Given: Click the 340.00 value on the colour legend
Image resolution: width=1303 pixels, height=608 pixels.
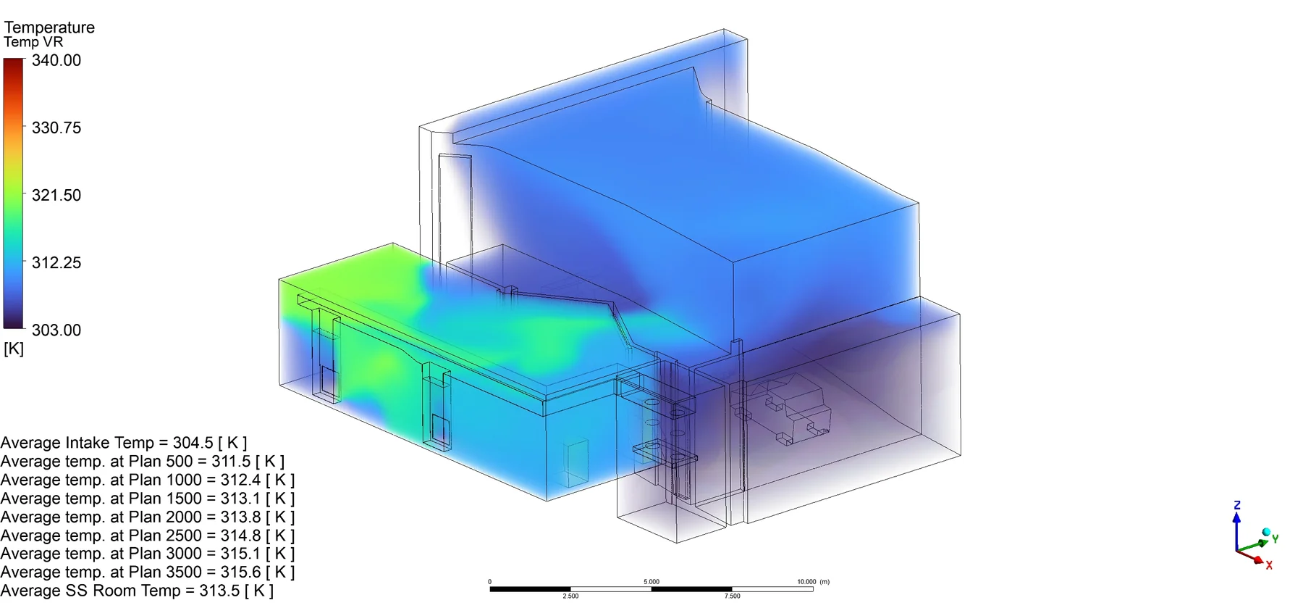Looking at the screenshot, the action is tap(56, 61).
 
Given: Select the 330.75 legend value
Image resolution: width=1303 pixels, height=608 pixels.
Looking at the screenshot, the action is tap(56, 128).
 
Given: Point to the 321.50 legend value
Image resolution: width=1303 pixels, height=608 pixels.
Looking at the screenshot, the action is tap(56, 196).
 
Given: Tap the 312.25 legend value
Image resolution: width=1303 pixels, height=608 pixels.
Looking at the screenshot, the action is tap(56, 263).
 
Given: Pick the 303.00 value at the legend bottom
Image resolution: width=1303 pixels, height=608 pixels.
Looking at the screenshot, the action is tap(56, 330).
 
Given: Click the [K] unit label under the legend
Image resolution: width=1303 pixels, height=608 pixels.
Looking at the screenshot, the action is tap(14, 349).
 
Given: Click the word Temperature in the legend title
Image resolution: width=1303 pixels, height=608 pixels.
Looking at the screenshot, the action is tap(49, 28).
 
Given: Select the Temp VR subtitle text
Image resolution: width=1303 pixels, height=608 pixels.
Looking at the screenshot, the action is tap(33, 42).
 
